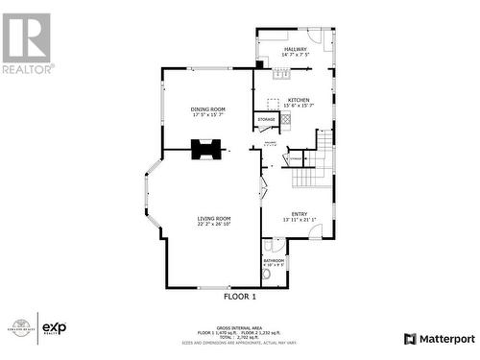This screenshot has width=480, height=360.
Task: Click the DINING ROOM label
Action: [207, 109]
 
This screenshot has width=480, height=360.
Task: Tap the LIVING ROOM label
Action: [214, 219]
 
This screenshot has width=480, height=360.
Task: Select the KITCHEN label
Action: [299, 100]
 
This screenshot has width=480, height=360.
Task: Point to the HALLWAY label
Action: [295, 48]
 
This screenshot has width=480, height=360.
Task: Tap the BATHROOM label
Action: [274, 260]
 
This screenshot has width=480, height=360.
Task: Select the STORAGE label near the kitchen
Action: [266, 119]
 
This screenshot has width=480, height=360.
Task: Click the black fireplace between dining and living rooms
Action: [206, 149]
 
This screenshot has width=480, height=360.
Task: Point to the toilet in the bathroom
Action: [269, 276]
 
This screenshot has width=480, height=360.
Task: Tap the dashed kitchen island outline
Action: [274, 104]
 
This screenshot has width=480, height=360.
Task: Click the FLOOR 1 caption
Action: [240, 297]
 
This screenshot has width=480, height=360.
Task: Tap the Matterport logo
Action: [439, 339]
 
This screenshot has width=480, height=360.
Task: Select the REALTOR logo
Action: [27, 43]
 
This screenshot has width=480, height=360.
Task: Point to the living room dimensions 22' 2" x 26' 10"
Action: [214, 226]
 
